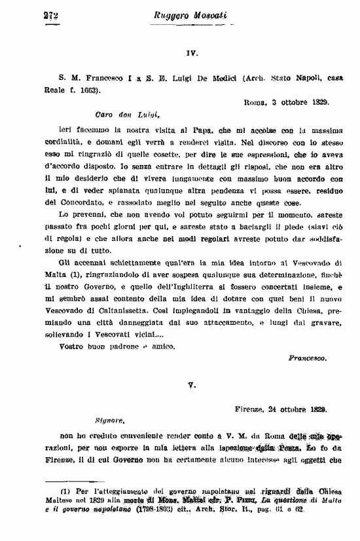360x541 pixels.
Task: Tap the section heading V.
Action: pos(191,386)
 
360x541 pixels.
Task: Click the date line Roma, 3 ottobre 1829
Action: pos(287,103)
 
